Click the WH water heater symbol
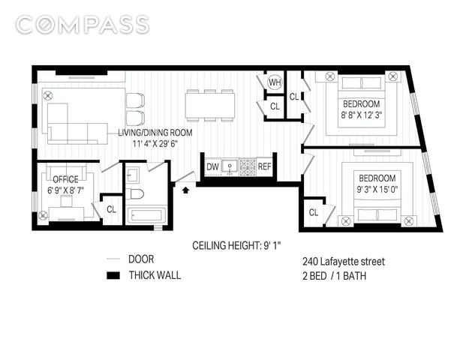275,82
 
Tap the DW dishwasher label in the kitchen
212,167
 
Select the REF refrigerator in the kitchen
264,166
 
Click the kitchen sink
230,167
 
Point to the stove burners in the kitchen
248,167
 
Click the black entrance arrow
186,190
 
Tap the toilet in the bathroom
134,194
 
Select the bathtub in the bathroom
146,215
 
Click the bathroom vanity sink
132,175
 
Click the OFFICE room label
66,179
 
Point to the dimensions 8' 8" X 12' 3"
362,115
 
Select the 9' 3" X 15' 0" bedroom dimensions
377,189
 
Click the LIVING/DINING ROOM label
155,133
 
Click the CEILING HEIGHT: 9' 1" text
236,246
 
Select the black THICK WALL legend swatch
113,276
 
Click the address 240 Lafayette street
344,262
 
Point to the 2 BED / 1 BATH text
335,276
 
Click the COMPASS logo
83,25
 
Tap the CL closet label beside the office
112,209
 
